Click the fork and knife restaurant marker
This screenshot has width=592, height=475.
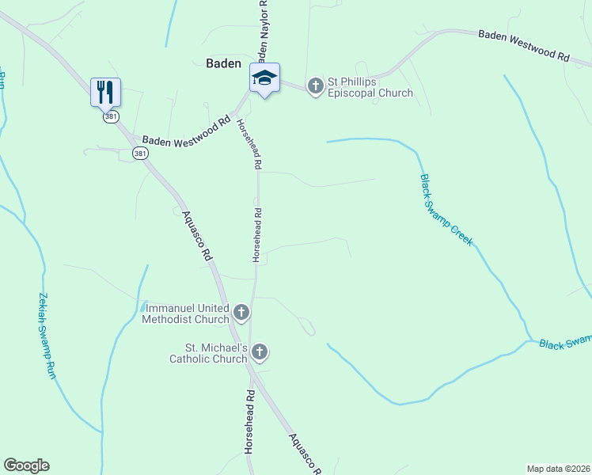click(105, 92)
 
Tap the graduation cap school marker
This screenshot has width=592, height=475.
click(265, 78)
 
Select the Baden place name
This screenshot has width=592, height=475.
click(222, 63)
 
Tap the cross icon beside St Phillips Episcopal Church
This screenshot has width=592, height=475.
click(315, 85)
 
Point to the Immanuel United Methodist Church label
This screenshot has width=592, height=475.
click(185, 313)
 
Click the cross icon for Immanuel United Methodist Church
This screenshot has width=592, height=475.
click(241, 313)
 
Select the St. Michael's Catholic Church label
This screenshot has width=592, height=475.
click(208, 353)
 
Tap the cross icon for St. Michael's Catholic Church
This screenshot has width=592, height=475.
click(260, 352)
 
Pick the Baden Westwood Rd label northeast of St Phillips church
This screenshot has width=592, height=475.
click(523, 46)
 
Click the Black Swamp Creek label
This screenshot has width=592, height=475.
click(446, 210)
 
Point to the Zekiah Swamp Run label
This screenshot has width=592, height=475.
click(45, 336)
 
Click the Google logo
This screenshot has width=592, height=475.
click(26, 465)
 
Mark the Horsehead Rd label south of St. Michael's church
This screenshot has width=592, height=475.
click(250, 420)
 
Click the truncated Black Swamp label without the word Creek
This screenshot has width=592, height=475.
click(565, 342)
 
